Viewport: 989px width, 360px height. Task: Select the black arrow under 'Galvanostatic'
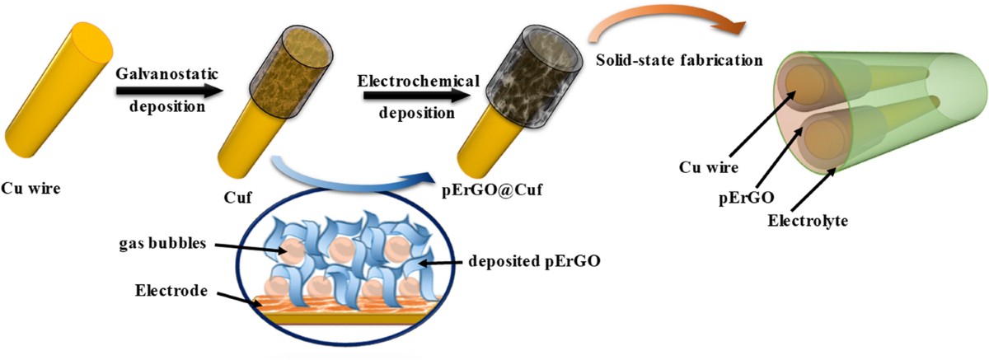pyautogui.click(x=170, y=92)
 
